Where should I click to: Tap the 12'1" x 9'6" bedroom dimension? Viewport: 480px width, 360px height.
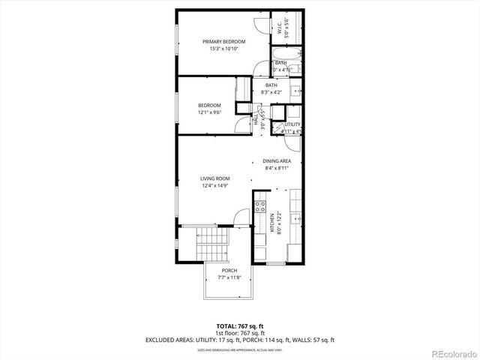click(x=210, y=112)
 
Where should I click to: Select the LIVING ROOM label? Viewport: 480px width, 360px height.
click(x=214, y=178)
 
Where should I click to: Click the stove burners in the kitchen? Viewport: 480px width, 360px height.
click(x=260, y=206)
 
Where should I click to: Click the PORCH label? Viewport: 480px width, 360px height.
click(x=229, y=270)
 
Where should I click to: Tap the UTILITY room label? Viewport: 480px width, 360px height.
click(x=292, y=124)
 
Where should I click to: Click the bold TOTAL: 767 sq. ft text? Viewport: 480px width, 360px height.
click(x=240, y=326)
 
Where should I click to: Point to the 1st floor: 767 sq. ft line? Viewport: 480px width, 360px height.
click(x=240, y=333)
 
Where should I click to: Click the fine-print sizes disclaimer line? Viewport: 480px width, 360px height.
click(x=240, y=349)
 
